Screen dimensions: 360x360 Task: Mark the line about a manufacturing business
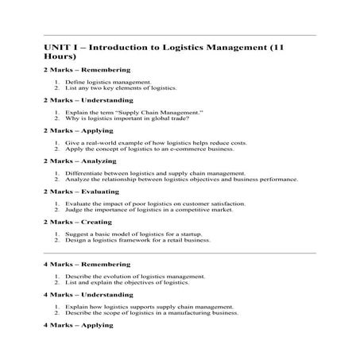click(152, 312)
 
